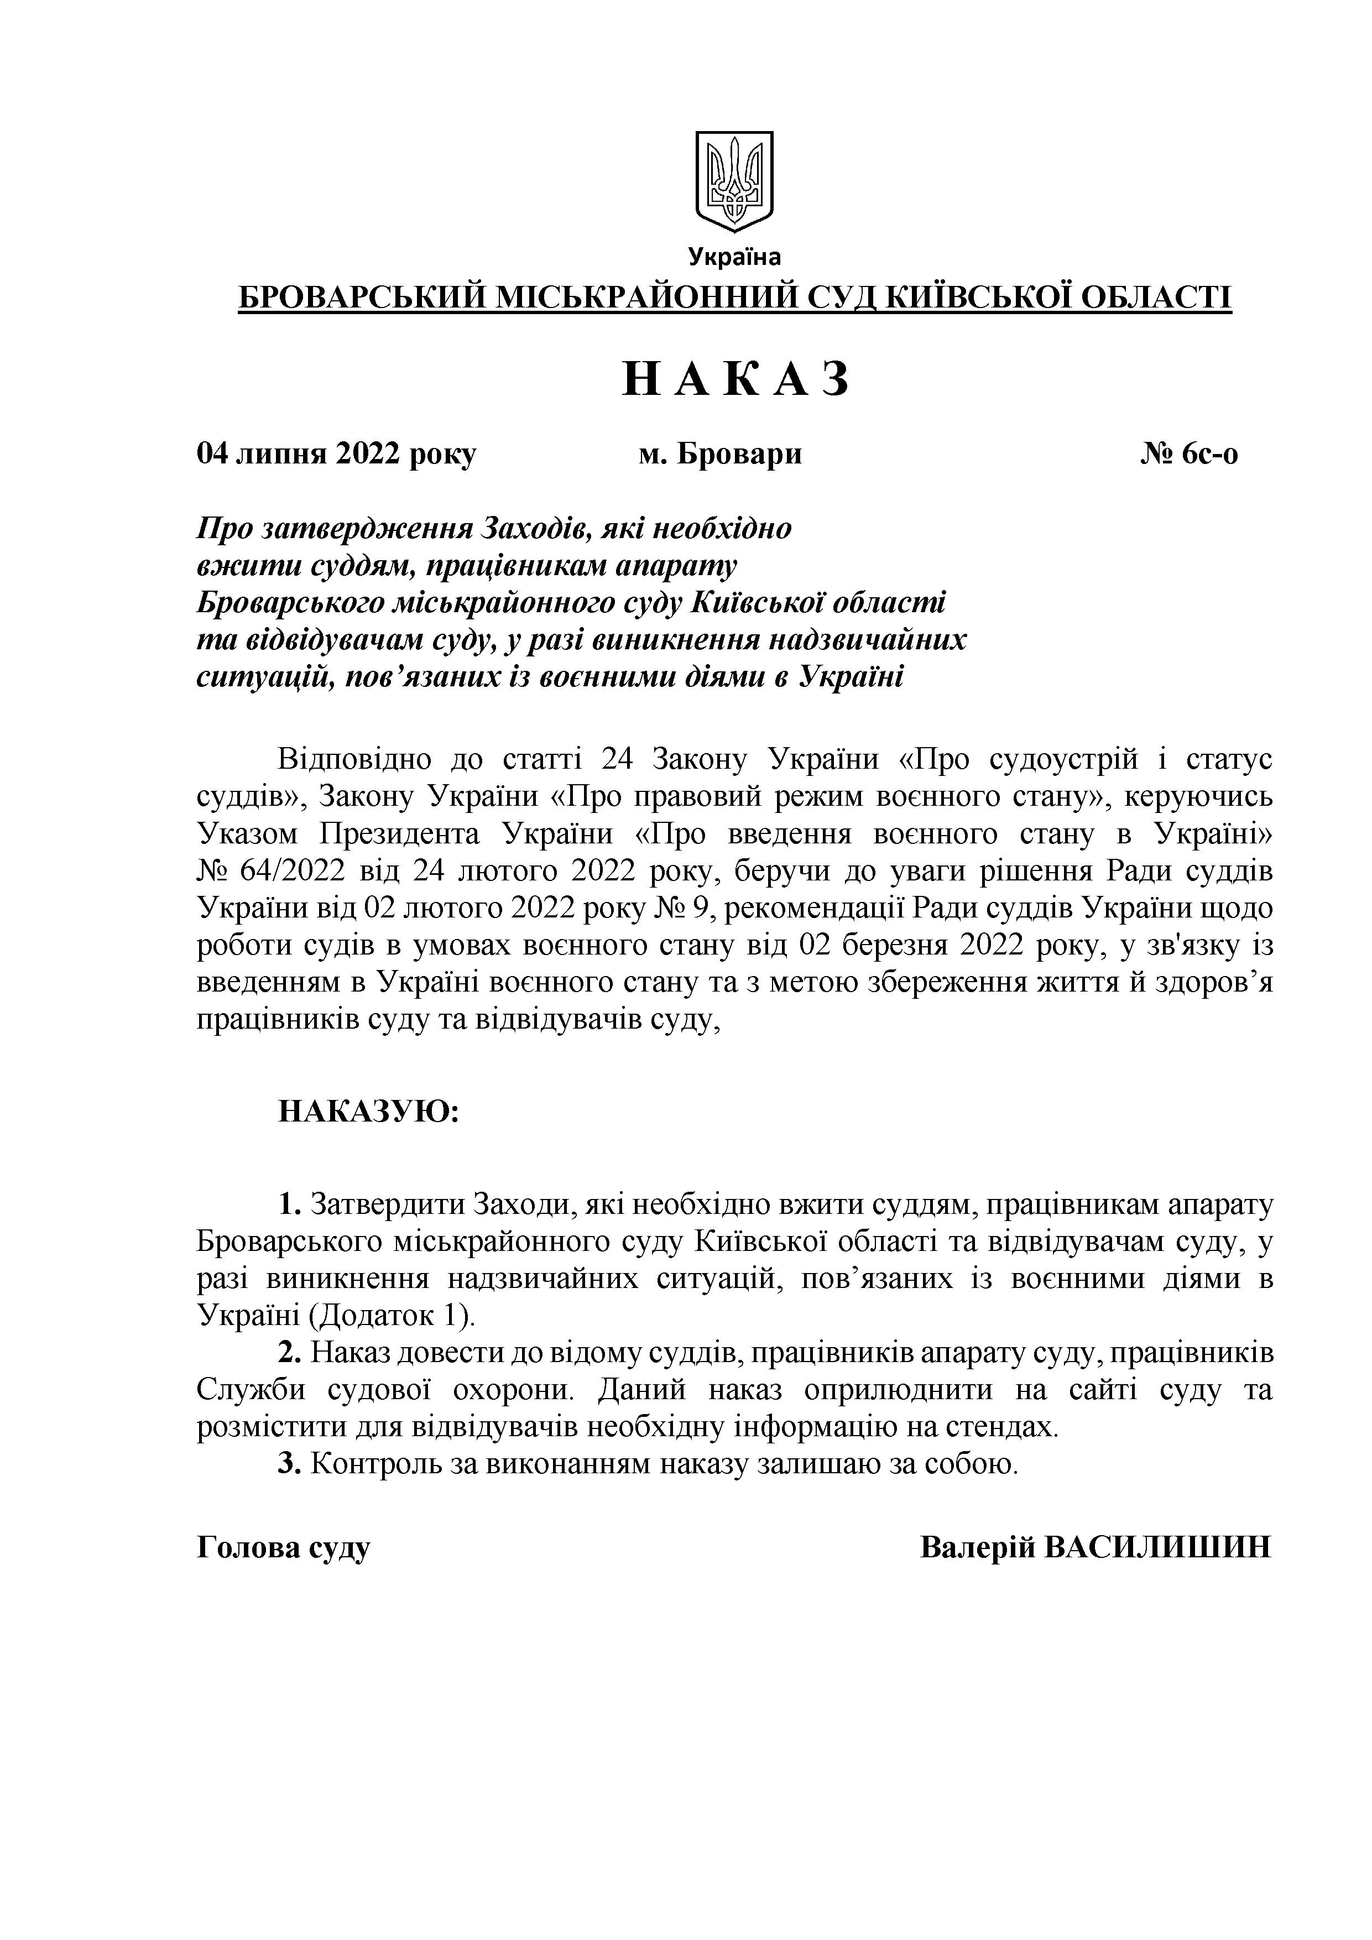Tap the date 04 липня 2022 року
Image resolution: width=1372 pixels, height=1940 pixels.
click(336, 455)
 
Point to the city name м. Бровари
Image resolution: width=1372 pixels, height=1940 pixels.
click(720, 455)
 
